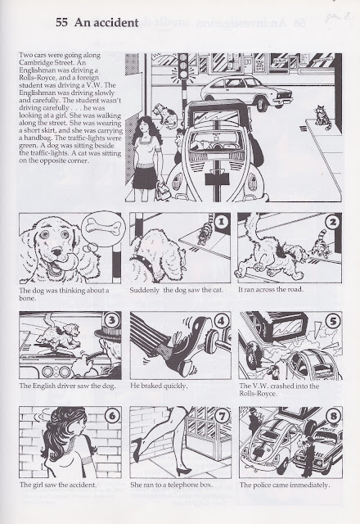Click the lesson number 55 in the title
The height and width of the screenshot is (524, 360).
tap(62, 23)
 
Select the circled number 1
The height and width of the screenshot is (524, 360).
tap(222, 221)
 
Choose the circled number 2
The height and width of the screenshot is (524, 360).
tap(333, 222)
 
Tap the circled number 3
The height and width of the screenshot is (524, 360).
tap(112, 320)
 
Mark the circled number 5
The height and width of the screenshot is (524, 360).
tap(333, 322)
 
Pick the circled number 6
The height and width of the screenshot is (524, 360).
tap(112, 416)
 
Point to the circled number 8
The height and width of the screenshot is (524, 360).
tap(333, 416)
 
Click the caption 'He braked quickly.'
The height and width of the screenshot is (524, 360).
tap(159, 386)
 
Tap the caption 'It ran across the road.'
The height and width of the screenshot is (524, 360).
tap(271, 289)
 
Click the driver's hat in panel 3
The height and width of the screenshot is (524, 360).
tap(108, 333)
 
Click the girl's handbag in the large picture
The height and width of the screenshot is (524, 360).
tap(163, 189)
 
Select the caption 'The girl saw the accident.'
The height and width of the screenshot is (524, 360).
tap(58, 485)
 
